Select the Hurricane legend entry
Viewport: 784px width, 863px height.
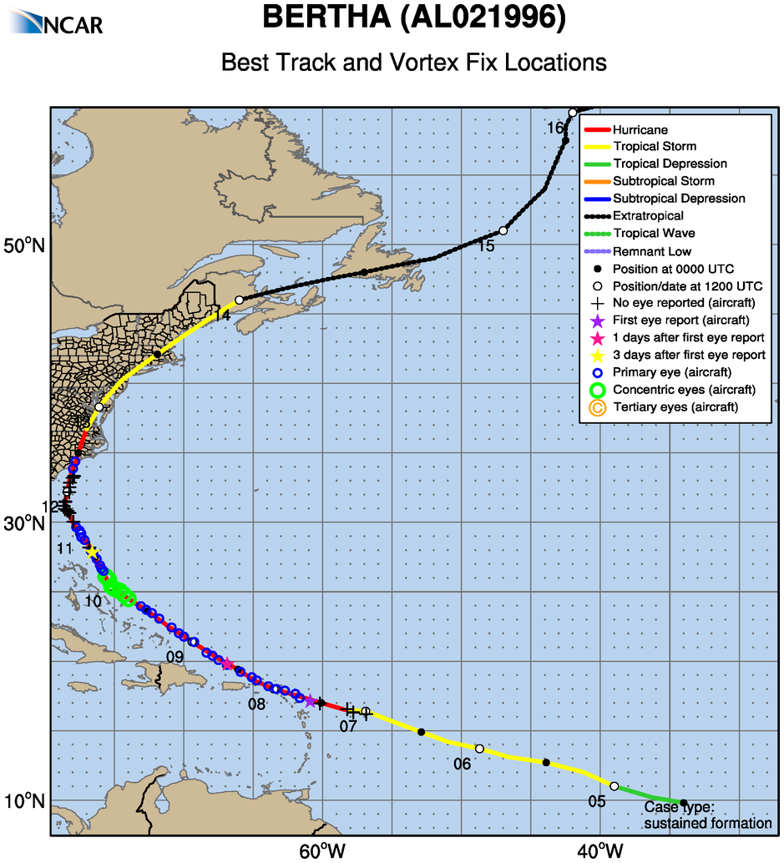640,129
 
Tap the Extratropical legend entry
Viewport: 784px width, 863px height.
648,216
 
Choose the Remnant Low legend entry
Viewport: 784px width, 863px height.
651,251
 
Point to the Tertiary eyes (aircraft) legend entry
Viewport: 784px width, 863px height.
675,407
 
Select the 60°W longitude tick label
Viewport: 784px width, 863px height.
321,850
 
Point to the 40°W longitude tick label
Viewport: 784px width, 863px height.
599,850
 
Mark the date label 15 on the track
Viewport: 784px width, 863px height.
486,246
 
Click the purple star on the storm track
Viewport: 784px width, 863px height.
311,701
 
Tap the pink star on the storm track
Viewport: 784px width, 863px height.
227,664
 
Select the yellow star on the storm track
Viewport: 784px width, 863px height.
92,551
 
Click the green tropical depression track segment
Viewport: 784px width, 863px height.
649,795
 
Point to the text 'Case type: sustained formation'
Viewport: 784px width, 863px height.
707,815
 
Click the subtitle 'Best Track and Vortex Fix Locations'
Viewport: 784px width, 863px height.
413,63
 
